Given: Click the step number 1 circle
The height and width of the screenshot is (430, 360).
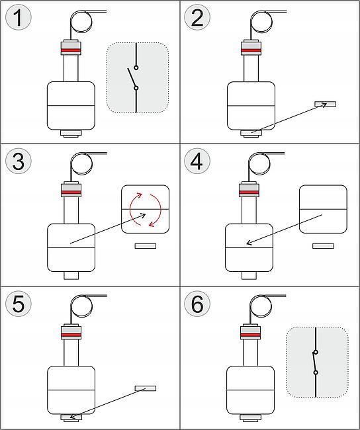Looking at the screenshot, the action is [x=19, y=18].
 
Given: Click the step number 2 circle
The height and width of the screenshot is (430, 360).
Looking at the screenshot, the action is [x=197, y=18].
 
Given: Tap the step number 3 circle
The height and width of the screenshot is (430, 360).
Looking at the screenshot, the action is [x=19, y=161].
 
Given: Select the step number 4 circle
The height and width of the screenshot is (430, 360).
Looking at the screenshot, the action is [x=197, y=161].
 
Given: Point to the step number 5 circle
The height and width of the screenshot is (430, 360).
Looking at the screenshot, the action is [x=19, y=304].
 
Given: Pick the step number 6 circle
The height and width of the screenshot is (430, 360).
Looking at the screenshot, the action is [x=197, y=304].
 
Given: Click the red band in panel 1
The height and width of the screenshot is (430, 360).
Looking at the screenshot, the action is [x=71, y=50].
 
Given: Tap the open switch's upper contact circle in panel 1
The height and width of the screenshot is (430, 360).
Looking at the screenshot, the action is [x=136, y=67].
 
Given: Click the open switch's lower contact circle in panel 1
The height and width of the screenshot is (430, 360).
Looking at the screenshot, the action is [x=136, y=88].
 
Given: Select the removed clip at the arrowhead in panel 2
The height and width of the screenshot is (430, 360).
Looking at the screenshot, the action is [x=325, y=104].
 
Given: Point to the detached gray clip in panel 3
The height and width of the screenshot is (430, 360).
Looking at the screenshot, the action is [x=146, y=246].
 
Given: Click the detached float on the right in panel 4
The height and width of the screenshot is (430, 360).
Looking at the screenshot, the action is [x=323, y=209].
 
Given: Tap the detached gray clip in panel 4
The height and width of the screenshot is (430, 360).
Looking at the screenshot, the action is [x=323, y=246].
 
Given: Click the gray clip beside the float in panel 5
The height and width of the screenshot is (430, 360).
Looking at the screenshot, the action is [x=146, y=388].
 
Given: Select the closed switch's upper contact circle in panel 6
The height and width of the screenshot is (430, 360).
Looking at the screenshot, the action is [x=316, y=352].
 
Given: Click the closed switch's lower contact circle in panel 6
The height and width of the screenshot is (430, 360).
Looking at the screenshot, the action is [x=316, y=372].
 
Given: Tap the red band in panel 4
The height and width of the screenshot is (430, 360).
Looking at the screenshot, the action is [x=249, y=193].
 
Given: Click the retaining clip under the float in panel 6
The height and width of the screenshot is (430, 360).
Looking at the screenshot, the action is [x=251, y=417].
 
